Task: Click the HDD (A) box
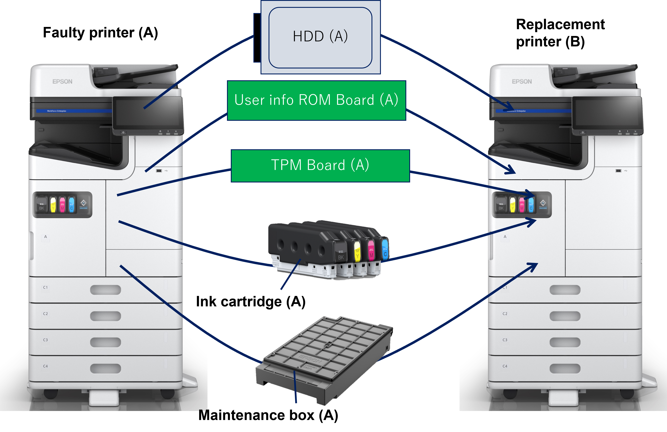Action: [x=320, y=37]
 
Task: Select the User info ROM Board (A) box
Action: [x=316, y=100]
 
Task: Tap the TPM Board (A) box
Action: [x=320, y=165]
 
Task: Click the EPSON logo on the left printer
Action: [x=62, y=81]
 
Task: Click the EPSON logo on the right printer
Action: [x=522, y=81]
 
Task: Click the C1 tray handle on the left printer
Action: [x=105, y=290]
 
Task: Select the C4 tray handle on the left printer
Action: [x=105, y=368]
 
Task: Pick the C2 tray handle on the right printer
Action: [x=565, y=316]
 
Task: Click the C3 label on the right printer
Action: [x=505, y=340]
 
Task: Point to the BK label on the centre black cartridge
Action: [x=341, y=257]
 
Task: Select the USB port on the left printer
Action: [x=159, y=170]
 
